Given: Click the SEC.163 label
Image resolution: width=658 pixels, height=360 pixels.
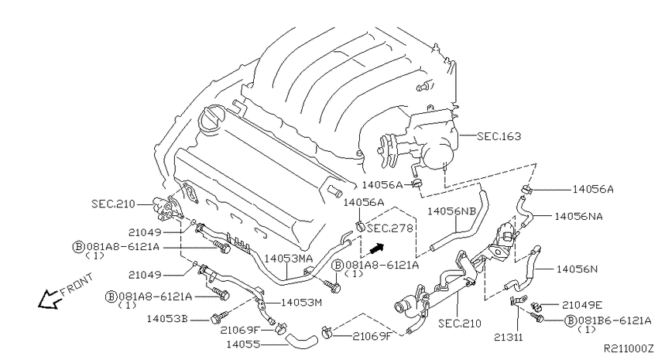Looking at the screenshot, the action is click(499, 136).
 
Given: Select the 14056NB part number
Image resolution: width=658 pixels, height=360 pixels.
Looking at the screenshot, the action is click(451, 211).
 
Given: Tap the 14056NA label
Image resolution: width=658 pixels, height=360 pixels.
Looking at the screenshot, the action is click(578, 217).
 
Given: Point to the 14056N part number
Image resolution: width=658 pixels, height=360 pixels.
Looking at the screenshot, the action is click(577, 269).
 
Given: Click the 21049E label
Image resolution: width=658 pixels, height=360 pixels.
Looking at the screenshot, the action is click(582, 305).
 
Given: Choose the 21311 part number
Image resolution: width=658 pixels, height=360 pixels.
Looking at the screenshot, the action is click(508, 337).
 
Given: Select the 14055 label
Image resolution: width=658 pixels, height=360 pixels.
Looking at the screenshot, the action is click(243, 345).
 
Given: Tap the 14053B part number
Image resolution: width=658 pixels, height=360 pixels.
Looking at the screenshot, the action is click(167, 319).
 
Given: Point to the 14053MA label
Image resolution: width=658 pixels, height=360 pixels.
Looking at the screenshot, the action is click(289, 258).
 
